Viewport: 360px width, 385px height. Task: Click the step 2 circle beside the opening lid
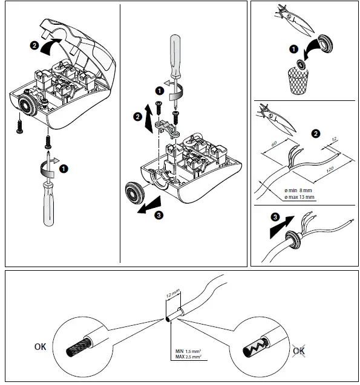tap(35, 45)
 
